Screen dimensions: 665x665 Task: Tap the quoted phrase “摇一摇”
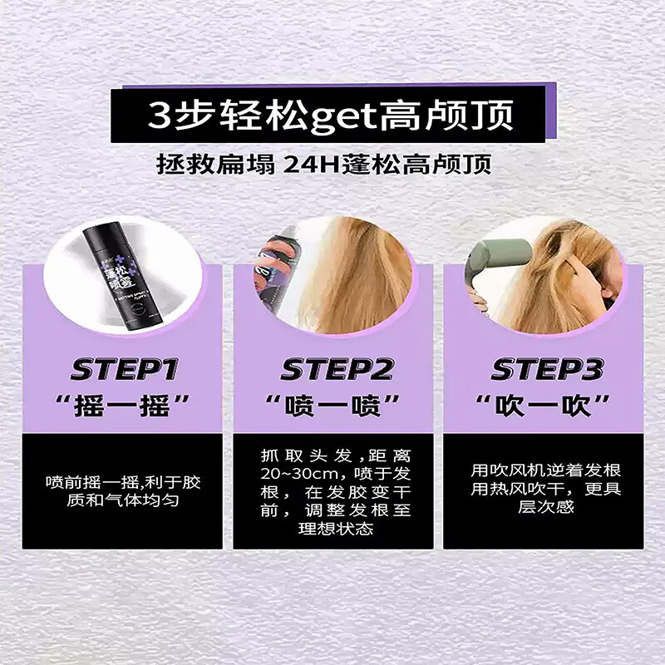point(122,407)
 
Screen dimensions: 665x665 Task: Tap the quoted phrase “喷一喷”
point(333,407)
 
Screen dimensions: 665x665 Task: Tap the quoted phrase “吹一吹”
point(544,407)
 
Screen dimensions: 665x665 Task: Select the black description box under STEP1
point(122,490)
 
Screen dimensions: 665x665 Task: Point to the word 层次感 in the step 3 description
point(544,506)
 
